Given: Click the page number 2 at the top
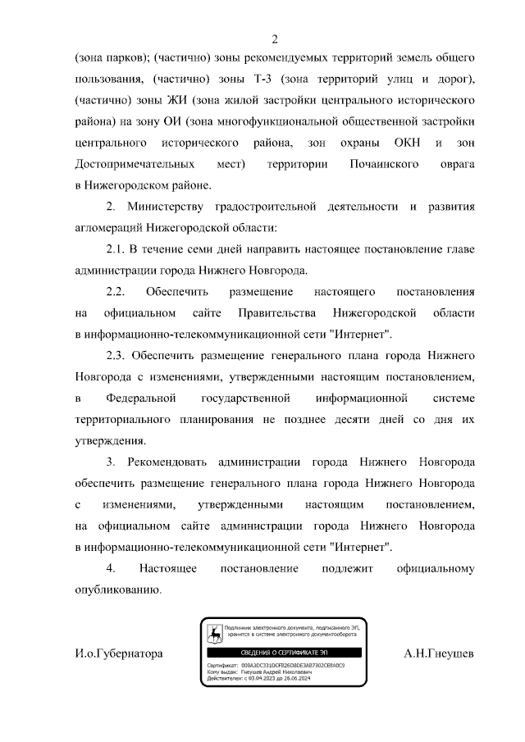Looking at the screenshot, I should (x=275, y=39).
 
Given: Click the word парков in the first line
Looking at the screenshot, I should (x=129, y=59).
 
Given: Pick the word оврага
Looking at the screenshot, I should (x=456, y=165).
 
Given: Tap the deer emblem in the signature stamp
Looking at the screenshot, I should (x=215, y=634).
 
